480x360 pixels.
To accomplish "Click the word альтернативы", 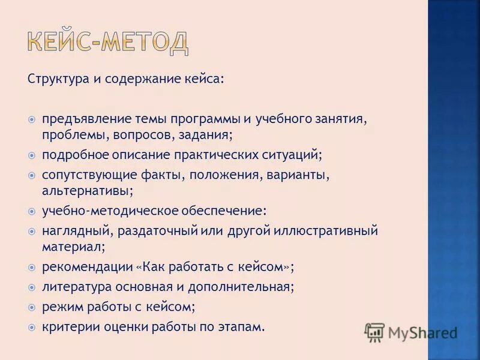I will coord(87,191).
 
